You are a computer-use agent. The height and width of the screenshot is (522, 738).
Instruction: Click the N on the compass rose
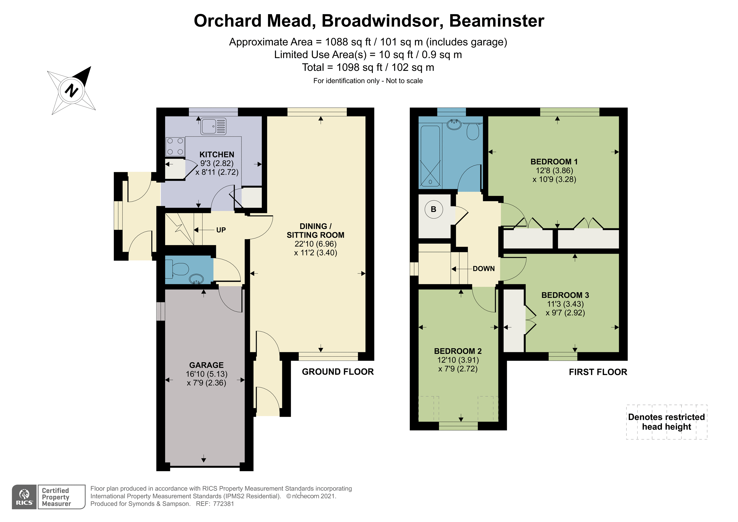pyautogui.click(x=71, y=90)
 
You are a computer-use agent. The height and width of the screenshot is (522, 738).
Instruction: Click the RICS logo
pyautogui.click(x=24, y=497)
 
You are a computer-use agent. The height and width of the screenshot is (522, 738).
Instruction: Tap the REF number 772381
pyautogui.click(x=223, y=504)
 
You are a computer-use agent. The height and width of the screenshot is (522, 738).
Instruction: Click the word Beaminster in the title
pyautogui.click(x=497, y=21)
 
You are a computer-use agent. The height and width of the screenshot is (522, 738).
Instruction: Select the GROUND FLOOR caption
pyautogui.click(x=338, y=372)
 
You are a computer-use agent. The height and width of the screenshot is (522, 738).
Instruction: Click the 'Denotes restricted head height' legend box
pyautogui.click(x=667, y=422)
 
